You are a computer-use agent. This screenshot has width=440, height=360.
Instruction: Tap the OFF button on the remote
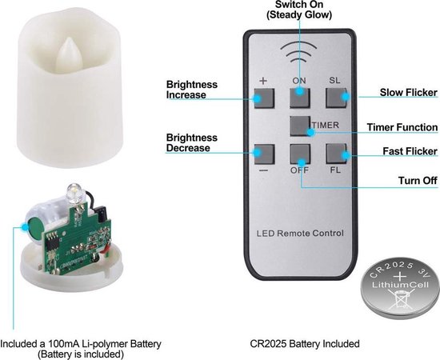click(x=300, y=154)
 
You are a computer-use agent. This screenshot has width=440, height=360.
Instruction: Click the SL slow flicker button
click(x=336, y=98)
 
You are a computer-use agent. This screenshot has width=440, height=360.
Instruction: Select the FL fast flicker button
click(x=336, y=154)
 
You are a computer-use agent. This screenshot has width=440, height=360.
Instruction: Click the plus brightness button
click(x=264, y=98)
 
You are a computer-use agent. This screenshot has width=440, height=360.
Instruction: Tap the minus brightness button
click(x=264, y=154)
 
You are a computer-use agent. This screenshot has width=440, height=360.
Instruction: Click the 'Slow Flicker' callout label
click(x=408, y=92)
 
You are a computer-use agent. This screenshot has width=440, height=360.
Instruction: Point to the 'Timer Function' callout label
click(x=402, y=127)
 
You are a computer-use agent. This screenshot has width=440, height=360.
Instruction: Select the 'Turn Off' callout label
click(x=418, y=181)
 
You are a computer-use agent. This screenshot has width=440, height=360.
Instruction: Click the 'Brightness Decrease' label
click(x=192, y=142)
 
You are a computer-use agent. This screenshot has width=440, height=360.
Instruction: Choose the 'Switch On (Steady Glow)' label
click(x=299, y=10)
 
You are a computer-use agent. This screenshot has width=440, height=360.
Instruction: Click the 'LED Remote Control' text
click(x=300, y=233)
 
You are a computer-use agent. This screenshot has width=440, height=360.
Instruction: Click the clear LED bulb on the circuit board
click(x=74, y=193)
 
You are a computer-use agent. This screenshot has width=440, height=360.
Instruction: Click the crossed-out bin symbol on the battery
click(x=400, y=300)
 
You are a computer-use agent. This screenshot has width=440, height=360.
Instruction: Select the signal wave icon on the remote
click(x=298, y=53)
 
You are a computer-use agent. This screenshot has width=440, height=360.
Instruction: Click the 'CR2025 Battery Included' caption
click(x=305, y=343)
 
